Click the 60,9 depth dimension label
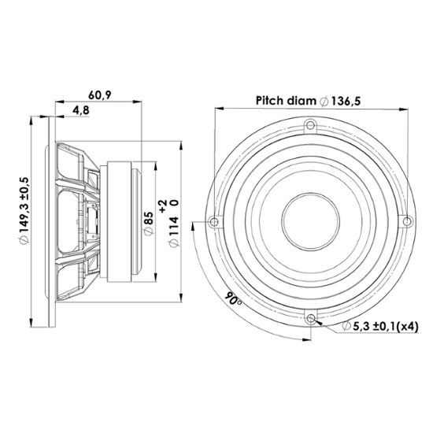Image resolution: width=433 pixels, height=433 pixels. [100, 95]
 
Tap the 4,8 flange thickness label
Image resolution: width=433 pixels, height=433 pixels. [81, 110]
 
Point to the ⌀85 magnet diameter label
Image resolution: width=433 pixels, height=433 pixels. [149, 224]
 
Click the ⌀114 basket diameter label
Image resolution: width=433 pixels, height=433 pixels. [174, 232]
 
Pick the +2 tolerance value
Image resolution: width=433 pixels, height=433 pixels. [163, 206]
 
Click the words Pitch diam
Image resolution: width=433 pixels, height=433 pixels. [286, 101]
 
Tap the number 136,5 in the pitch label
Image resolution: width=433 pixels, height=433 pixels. [346, 102]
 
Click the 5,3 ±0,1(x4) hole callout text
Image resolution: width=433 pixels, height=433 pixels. [386, 327]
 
